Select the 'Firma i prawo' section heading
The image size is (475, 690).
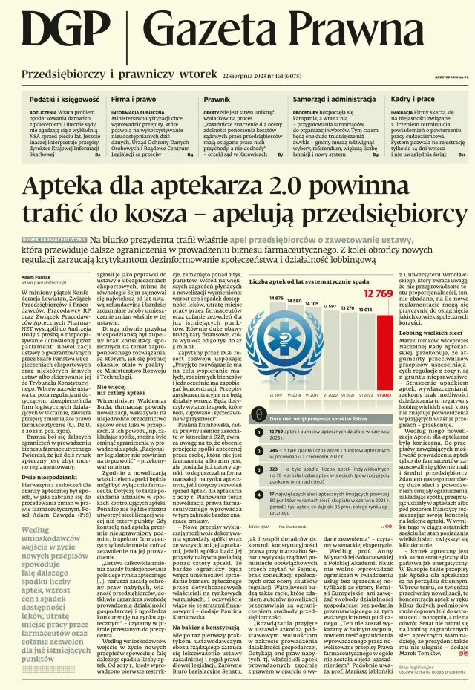[x=134, y=99]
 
